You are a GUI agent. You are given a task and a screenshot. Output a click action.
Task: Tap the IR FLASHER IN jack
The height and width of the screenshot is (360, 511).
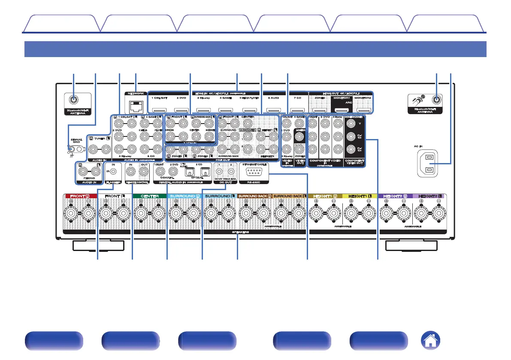[x=113, y=172]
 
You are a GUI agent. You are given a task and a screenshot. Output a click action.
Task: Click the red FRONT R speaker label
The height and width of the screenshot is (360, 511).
[x=80, y=196]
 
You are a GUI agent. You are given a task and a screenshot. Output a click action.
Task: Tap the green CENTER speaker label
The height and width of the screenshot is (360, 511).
[x=150, y=196]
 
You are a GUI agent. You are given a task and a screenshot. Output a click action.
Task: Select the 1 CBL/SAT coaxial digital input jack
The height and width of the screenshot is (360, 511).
[x=160, y=171]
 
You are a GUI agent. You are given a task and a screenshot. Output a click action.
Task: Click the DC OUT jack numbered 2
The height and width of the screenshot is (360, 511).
[x=230, y=172]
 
